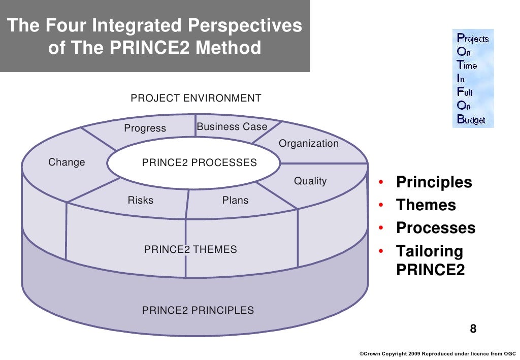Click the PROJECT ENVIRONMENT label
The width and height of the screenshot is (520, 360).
[x=196, y=99]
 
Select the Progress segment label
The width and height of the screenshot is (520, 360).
[x=145, y=128]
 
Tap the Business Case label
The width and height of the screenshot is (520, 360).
[x=232, y=127]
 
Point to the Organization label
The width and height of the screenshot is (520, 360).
[x=309, y=144]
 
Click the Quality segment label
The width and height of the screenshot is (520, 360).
[x=310, y=181]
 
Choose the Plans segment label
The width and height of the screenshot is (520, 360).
[x=236, y=201]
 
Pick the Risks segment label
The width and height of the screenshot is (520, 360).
[x=140, y=201]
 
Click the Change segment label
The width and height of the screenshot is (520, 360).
[x=67, y=162]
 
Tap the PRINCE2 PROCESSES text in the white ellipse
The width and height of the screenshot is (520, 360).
[x=199, y=163]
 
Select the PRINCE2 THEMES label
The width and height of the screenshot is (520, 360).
[x=190, y=249]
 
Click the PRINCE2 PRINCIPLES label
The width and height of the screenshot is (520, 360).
[x=198, y=310]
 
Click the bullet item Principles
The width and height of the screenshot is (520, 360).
[x=434, y=182]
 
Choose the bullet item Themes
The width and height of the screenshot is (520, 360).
[x=426, y=205]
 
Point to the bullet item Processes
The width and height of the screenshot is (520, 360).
[x=436, y=228]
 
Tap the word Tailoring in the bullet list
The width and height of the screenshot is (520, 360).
[x=430, y=251]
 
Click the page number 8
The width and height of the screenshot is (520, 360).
[x=473, y=328]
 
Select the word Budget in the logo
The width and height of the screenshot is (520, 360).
[x=472, y=120]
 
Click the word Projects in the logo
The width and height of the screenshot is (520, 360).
[x=473, y=39]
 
